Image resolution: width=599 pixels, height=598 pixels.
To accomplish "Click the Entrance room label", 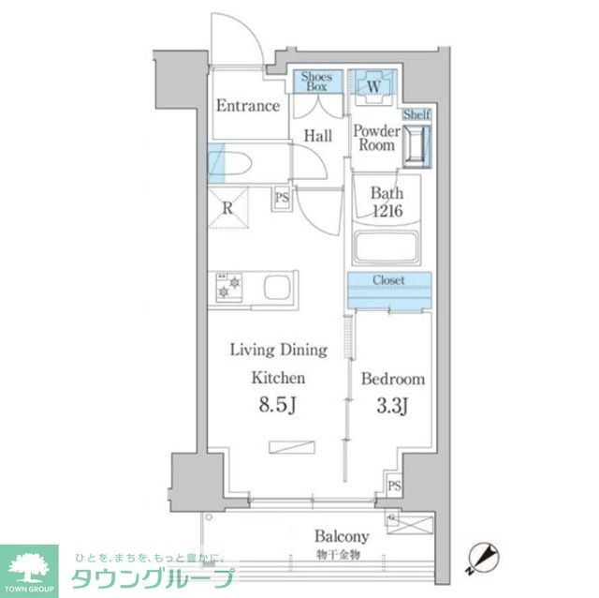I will [x=248, y=106].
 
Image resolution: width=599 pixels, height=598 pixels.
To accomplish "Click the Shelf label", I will [x=416, y=114].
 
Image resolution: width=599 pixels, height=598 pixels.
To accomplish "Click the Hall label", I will [x=317, y=137].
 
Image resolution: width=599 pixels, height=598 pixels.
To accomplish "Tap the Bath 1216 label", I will [x=386, y=202].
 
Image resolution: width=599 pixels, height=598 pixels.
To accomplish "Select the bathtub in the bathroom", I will [x=386, y=247].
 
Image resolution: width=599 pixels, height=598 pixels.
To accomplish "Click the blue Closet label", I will [x=388, y=279].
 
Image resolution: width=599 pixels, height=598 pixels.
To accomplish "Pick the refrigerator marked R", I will [x=227, y=208].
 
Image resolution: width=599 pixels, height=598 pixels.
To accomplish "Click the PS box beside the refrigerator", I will [x=281, y=198].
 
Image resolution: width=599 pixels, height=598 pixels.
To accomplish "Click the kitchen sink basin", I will [x=279, y=287].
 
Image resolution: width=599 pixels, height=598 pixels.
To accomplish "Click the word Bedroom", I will [x=393, y=380].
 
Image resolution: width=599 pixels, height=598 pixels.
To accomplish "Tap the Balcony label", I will [x=341, y=537].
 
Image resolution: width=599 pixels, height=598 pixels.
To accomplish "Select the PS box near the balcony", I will [x=395, y=486].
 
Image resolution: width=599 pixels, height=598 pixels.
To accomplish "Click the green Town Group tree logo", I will [x=28, y=565].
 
